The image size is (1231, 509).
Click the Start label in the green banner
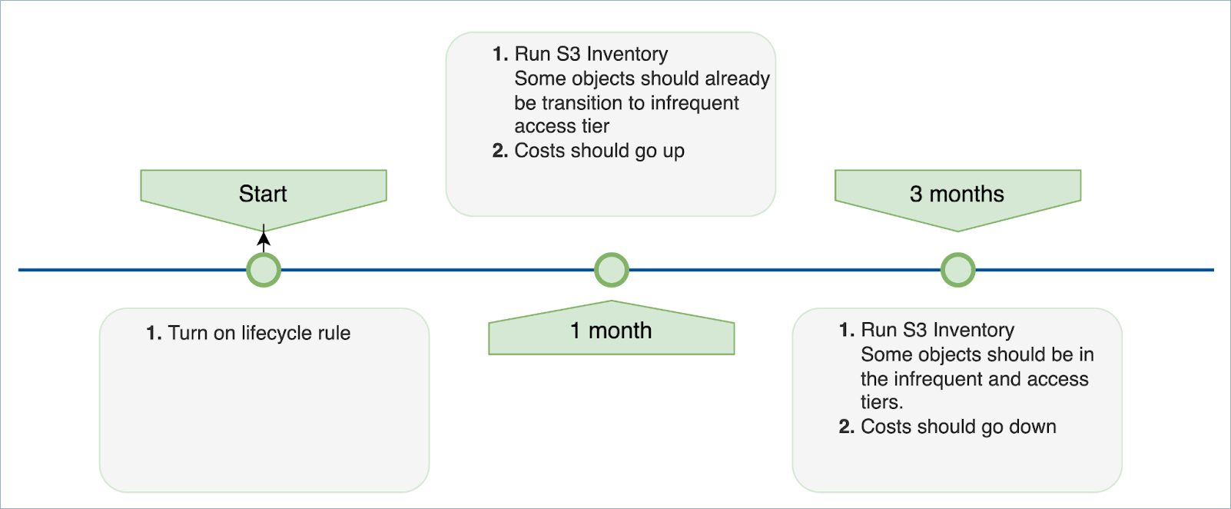pyautogui.click(x=263, y=194)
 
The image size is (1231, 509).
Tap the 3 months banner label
pyautogui.click(x=957, y=194)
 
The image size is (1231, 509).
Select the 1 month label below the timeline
pyautogui.click(x=611, y=331)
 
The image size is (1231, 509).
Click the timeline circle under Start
pyautogui.click(x=264, y=270)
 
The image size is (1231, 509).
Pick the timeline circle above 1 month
pyautogui.click(x=612, y=270)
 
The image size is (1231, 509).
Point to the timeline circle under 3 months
pyautogui.click(x=958, y=270)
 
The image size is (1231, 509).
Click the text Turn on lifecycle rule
pyautogui.click(x=259, y=333)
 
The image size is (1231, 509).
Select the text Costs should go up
pyautogui.click(x=599, y=151)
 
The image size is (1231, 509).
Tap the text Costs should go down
pyautogui.click(x=958, y=427)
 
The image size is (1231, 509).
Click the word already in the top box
pyautogui.click(x=737, y=78)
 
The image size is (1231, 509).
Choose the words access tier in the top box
pyautogui.click(x=562, y=126)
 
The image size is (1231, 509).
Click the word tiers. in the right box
pyautogui.click(x=881, y=402)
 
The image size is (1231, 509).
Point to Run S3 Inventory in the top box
pyautogui.click(x=591, y=54)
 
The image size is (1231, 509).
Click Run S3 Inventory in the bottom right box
pyautogui.click(x=937, y=330)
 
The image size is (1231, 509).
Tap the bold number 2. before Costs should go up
pyautogui.click(x=500, y=151)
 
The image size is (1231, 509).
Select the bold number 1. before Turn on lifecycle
pyautogui.click(x=154, y=333)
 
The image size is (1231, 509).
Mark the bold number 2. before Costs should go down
pyautogui.click(x=847, y=427)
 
